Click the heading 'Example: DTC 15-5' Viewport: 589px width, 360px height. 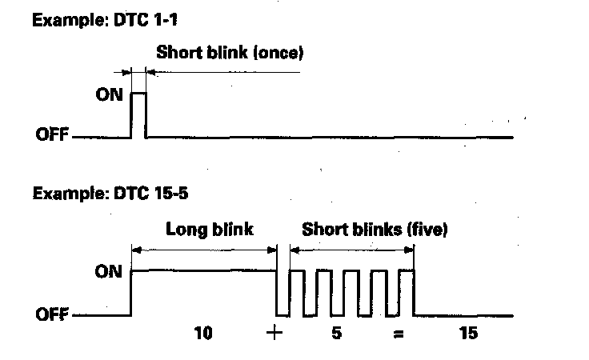[x=93, y=194]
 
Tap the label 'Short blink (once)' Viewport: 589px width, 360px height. [x=230, y=54]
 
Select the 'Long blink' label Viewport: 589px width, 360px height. [x=209, y=230]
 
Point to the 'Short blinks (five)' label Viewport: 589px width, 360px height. [x=375, y=230]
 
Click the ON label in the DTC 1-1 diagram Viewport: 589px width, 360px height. [x=107, y=94]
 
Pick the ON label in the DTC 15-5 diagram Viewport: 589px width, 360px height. [x=109, y=271]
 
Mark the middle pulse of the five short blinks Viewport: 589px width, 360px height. [x=351, y=291]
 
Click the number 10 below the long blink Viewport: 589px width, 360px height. [x=203, y=333]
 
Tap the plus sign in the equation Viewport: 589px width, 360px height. [x=275, y=333]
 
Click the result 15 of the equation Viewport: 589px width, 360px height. [x=468, y=333]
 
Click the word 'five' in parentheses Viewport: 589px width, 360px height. [x=427, y=230]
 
